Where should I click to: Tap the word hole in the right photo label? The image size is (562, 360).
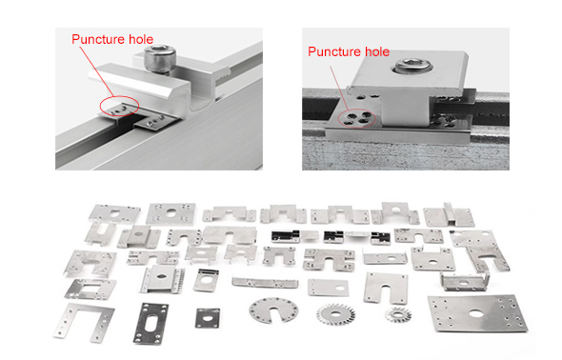pyautogui.click(x=375, y=51)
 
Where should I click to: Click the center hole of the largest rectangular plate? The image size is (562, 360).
pyautogui.click(x=475, y=313)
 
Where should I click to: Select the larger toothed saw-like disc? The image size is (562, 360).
pyautogui.click(x=335, y=314)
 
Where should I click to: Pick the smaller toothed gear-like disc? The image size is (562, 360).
pyautogui.click(x=398, y=314)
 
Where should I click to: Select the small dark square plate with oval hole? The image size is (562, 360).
pyautogui.click(x=208, y=318)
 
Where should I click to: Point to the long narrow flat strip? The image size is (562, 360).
pyautogui.click(x=265, y=282)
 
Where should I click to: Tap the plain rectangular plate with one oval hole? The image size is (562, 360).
pyautogui.click(x=328, y=288)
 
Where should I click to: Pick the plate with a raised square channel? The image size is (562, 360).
pyautogui.click(x=449, y=215)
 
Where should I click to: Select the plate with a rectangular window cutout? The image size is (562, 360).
pyautogui.click(x=90, y=290)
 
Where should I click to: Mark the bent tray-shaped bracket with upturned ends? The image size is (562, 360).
pyautogui.click(x=465, y=281)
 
